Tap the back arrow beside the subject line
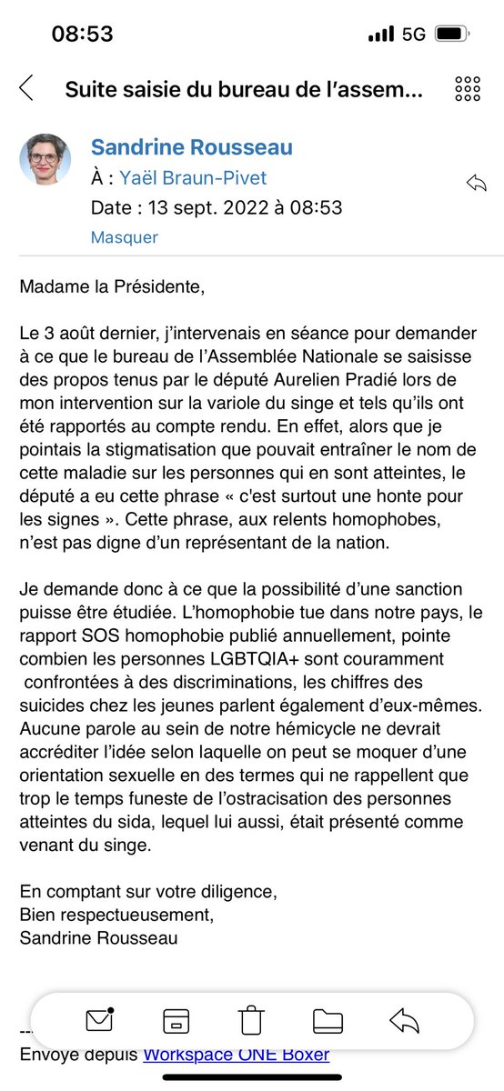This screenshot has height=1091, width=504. click(26, 88)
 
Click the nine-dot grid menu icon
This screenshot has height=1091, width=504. click(467, 88)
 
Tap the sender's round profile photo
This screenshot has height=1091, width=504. click(45, 160)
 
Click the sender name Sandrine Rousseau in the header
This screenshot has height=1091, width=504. click(191, 147)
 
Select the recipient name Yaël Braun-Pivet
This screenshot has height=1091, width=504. click(193, 178)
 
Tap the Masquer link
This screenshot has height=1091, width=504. click(124, 237)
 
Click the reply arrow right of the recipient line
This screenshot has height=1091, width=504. click(476, 183)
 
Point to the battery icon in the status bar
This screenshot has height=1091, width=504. click(452, 35)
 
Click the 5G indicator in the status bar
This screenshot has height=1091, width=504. click(413, 35)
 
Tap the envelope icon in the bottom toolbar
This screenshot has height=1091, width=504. click(98, 1021)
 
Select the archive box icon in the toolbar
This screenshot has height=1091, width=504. click(175, 1021)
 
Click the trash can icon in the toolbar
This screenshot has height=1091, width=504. click(251, 1021)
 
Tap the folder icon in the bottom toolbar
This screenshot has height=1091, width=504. click(328, 1021)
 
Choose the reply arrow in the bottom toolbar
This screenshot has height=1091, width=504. click(404, 1021)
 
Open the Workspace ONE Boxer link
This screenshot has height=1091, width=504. click(236, 1055)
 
